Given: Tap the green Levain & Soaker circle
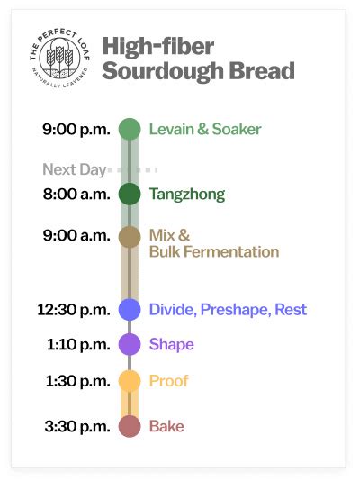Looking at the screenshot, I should [130, 129].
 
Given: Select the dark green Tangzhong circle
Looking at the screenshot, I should [130, 194].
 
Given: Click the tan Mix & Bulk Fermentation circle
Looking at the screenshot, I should [130, 236].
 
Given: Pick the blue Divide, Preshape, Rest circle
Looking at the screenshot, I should [130, 309].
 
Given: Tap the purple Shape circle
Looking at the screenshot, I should [130, 344].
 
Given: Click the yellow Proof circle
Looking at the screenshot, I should [130, 381].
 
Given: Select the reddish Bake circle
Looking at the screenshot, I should [130, 426].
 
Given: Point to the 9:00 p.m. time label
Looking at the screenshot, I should [76, 129].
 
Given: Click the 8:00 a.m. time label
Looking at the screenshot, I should [76, 194].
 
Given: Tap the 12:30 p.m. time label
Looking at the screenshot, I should [73, 309].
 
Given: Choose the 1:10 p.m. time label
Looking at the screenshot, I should [77, 344].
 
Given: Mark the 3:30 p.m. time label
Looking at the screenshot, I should [76, 426].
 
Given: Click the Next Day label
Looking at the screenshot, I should [74, 169].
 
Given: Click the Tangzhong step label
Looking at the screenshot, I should [187, 194].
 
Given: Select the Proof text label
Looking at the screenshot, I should [169, 381].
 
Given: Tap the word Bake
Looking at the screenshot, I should [166, 426].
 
